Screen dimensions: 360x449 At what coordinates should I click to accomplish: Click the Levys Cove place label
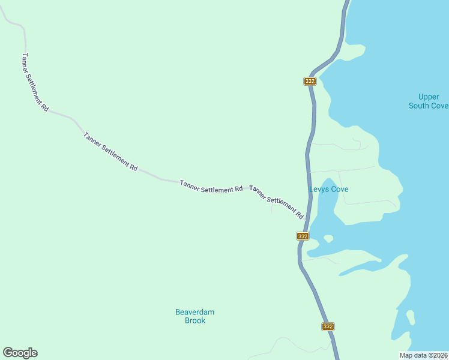[x=328, y=189]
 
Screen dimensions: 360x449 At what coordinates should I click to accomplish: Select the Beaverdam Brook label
[x=194, y=316]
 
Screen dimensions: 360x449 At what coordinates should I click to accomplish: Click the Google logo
[x=20, y=353]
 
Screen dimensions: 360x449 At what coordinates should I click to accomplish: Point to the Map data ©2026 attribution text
[x=424, y=355]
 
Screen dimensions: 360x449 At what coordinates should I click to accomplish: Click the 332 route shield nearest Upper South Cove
[x=310, y=81]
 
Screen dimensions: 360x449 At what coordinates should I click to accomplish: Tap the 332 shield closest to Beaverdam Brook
[x=327, y=326]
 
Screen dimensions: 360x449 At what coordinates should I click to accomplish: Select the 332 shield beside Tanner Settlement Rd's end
[x=303, y=236]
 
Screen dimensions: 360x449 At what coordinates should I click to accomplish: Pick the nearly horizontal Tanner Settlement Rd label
[x=211, y=186]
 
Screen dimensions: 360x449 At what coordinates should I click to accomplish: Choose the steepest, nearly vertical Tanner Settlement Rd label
[x=34, y=82]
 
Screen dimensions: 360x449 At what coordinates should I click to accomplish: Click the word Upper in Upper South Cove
[x=429, y=97]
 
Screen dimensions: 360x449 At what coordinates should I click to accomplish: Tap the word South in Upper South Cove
[x=420, y=106]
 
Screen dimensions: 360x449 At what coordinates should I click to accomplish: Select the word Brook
[x=194, y=320]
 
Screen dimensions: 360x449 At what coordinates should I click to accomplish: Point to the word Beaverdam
[x=194, y=312]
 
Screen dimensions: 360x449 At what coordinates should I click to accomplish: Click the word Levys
[x=319, y=189]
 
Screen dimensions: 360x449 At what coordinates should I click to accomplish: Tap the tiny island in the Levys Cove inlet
[x=328, y=238]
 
